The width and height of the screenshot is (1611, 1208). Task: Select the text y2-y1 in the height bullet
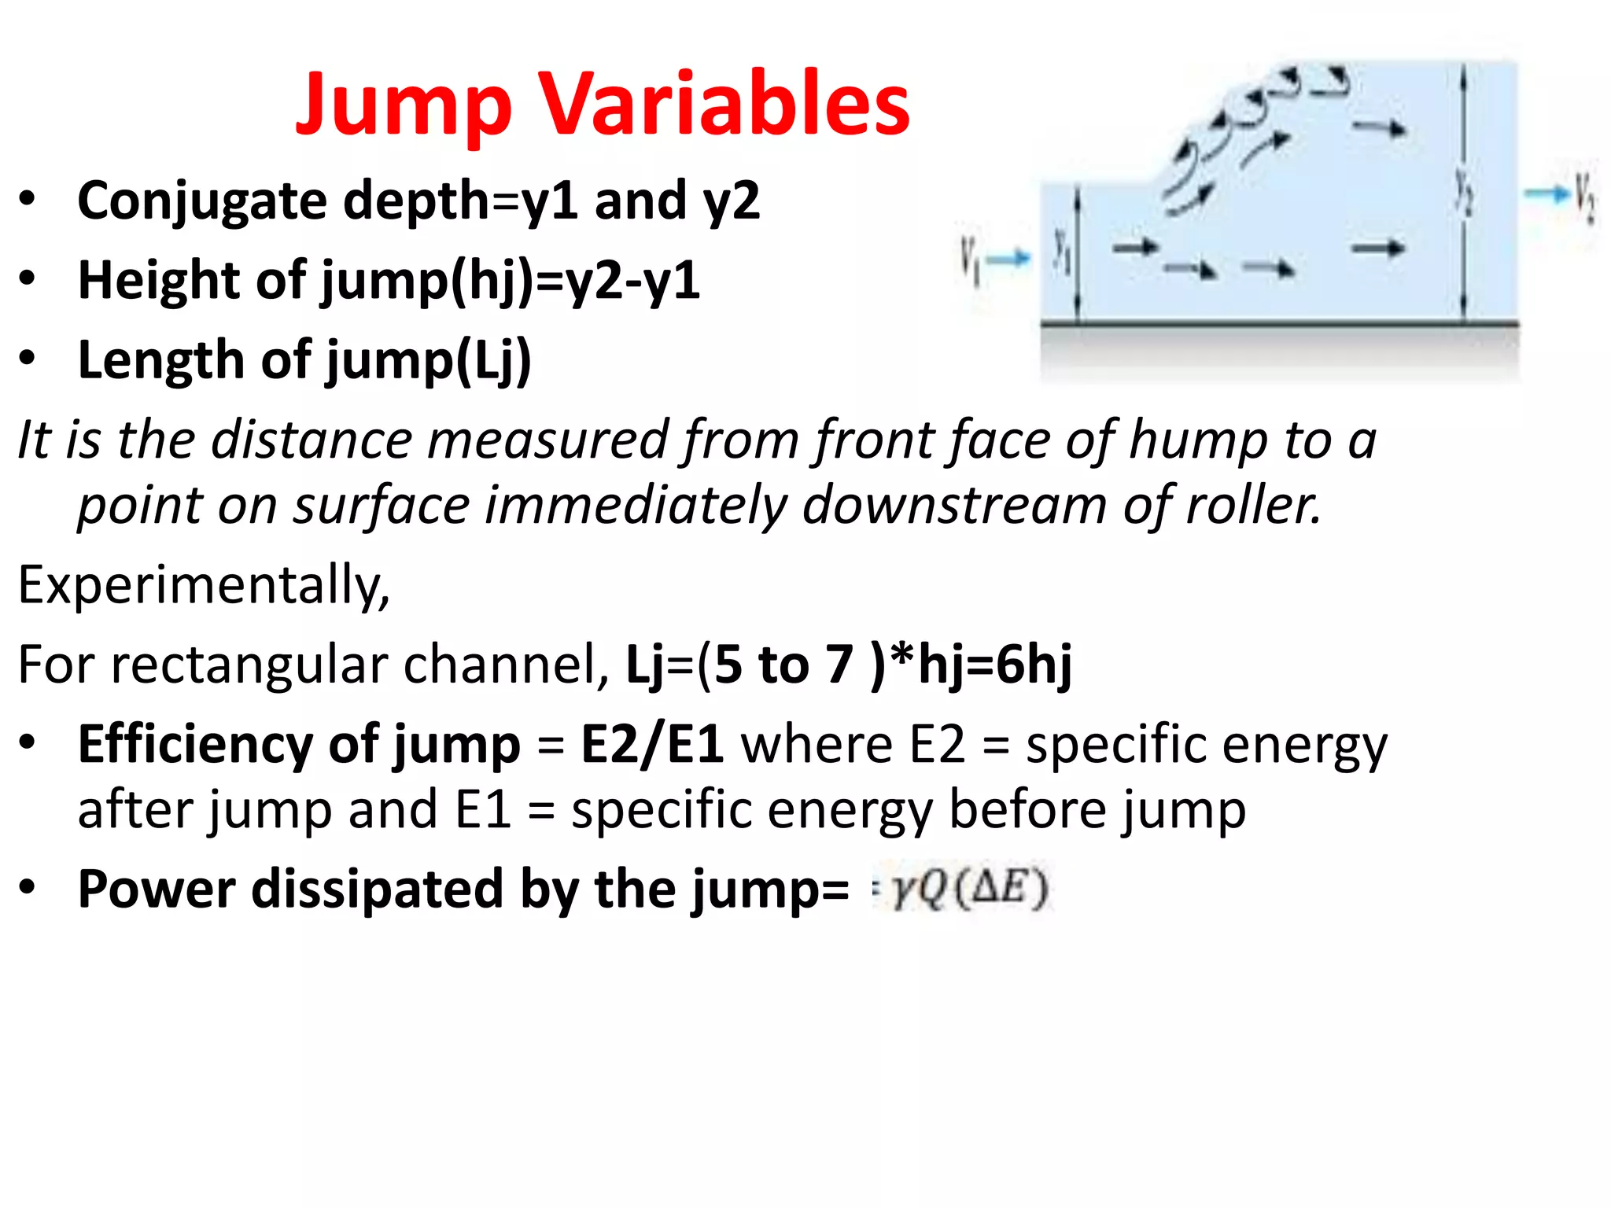[632, 281]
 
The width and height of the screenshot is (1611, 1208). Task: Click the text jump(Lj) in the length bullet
[429, 361]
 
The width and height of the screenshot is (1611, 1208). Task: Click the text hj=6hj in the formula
[994, 665]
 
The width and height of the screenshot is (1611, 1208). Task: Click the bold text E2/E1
[652, 744]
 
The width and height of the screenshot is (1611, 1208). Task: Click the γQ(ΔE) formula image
[964, 889]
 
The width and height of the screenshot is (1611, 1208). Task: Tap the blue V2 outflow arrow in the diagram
[1546, 193]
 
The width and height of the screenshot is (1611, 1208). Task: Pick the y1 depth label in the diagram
[1063, 252]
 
